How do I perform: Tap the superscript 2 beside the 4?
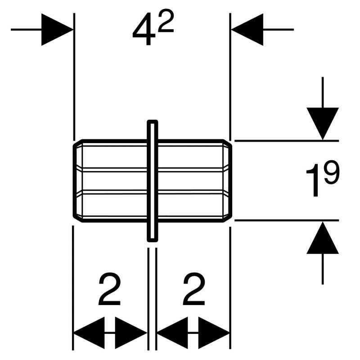pos(166,22)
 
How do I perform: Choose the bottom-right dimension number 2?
pos(193,290)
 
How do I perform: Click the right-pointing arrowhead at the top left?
pos(56,30)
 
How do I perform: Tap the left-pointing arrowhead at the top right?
pos(247,30)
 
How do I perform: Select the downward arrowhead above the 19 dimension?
pos(323,123)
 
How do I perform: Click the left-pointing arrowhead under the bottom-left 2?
pos(88,333)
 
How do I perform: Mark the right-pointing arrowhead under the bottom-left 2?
pos(132,333)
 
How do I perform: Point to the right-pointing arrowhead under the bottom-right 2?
pos(216,333)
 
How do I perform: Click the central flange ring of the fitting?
pos(153,180)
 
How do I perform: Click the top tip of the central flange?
pos(153,122)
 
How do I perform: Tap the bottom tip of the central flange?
pos(153,238)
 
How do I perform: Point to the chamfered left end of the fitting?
pos(77,180)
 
